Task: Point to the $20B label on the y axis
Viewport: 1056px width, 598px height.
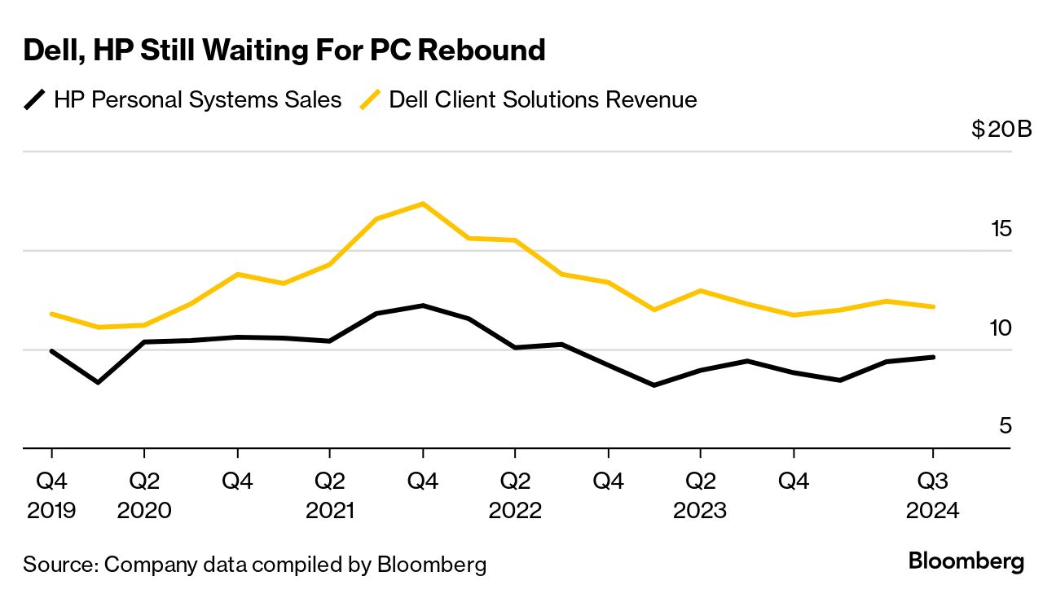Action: [x=1001, y=130]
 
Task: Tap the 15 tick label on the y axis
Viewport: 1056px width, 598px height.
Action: [x=1000, y=229]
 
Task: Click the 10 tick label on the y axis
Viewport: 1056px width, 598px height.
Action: [x=1000, y=328]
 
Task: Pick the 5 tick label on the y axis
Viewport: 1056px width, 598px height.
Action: [x=1005, y=426]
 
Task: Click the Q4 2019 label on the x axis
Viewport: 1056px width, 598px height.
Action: [x=51, y=495]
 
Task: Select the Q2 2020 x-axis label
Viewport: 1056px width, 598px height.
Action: [x=144, y=495]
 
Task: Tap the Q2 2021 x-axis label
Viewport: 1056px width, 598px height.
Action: [x=329, y=495]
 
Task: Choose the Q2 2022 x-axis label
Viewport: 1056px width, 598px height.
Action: [x=515, y=495]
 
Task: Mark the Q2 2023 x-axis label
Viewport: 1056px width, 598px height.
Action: [x=700, y=495]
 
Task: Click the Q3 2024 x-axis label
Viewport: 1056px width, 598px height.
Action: [x=933, y=495]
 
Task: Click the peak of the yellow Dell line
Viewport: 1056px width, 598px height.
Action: [x=422, y=203]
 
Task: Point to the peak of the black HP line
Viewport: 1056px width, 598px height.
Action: [x=422, y=306]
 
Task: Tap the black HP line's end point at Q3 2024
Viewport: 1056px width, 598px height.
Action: [x=933, y=357]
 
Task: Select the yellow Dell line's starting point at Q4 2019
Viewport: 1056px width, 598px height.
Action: [x=51, y=314]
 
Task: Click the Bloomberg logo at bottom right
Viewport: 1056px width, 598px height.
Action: [x=966, y=561]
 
